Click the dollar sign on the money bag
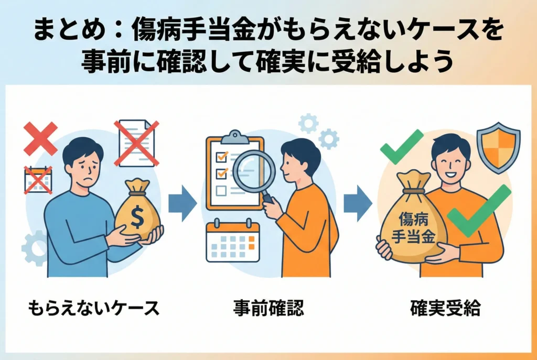[137, 217]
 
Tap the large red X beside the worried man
[40, 138]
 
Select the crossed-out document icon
[136, 143]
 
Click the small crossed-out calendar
[38, 180]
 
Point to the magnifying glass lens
[254, 171]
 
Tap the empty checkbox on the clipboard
[221, 190]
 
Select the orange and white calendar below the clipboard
[233, 240]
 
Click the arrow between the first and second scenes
[182, 203]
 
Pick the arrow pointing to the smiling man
[358, 203]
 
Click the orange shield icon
[498, 147]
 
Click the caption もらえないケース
[93, 308]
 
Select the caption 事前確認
[268, 308]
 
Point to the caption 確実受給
[445, 308]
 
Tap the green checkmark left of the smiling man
[401, 147]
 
